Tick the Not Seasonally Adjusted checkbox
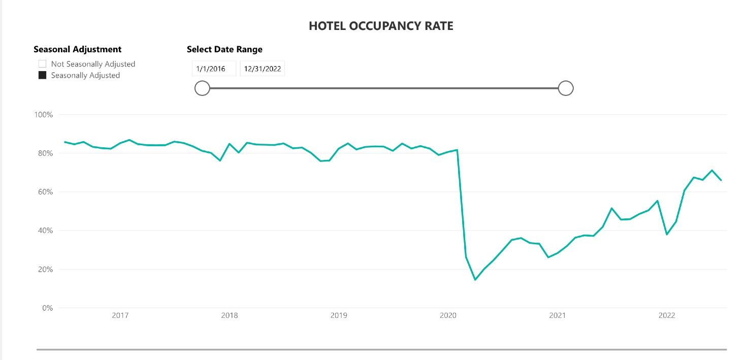pos(43,64)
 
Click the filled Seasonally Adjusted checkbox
pos(43,75)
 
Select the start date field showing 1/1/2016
pos(214,69)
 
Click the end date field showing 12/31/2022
pos(262,69)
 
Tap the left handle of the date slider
pos(202,88)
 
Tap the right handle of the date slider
pos(566,88)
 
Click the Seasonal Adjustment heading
pos(77,49)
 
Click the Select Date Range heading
pos(224,49)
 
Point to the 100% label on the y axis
pos(43,115)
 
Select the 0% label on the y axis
pos(47,308)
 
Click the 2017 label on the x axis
pos(120,316)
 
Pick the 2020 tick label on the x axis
pos(448,316)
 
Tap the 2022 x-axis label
pos(667,316)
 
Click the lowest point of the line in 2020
pos(475,279)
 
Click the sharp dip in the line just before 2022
pos(667,234)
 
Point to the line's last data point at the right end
pos(721,180)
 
